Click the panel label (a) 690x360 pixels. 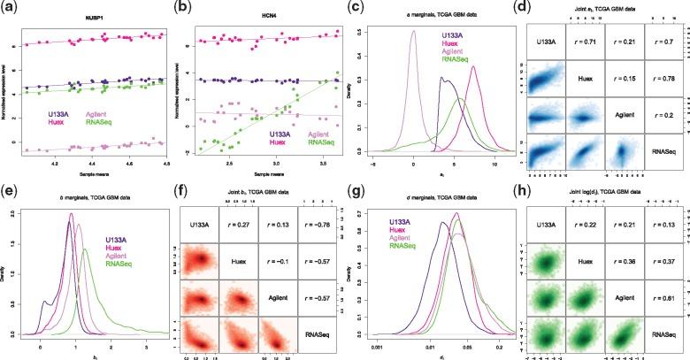(x=11, y=8)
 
